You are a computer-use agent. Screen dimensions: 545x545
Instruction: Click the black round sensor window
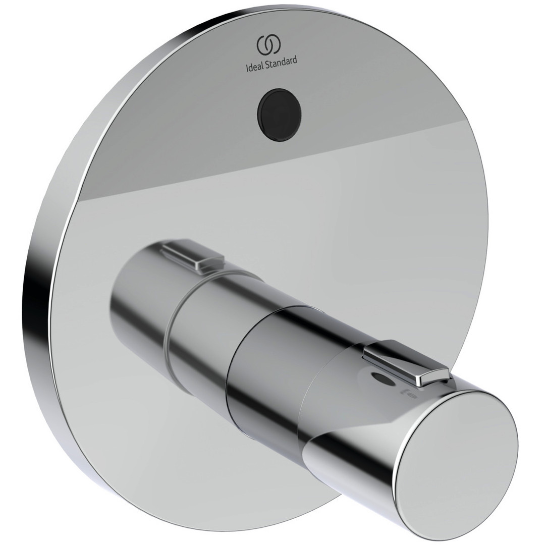279,115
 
